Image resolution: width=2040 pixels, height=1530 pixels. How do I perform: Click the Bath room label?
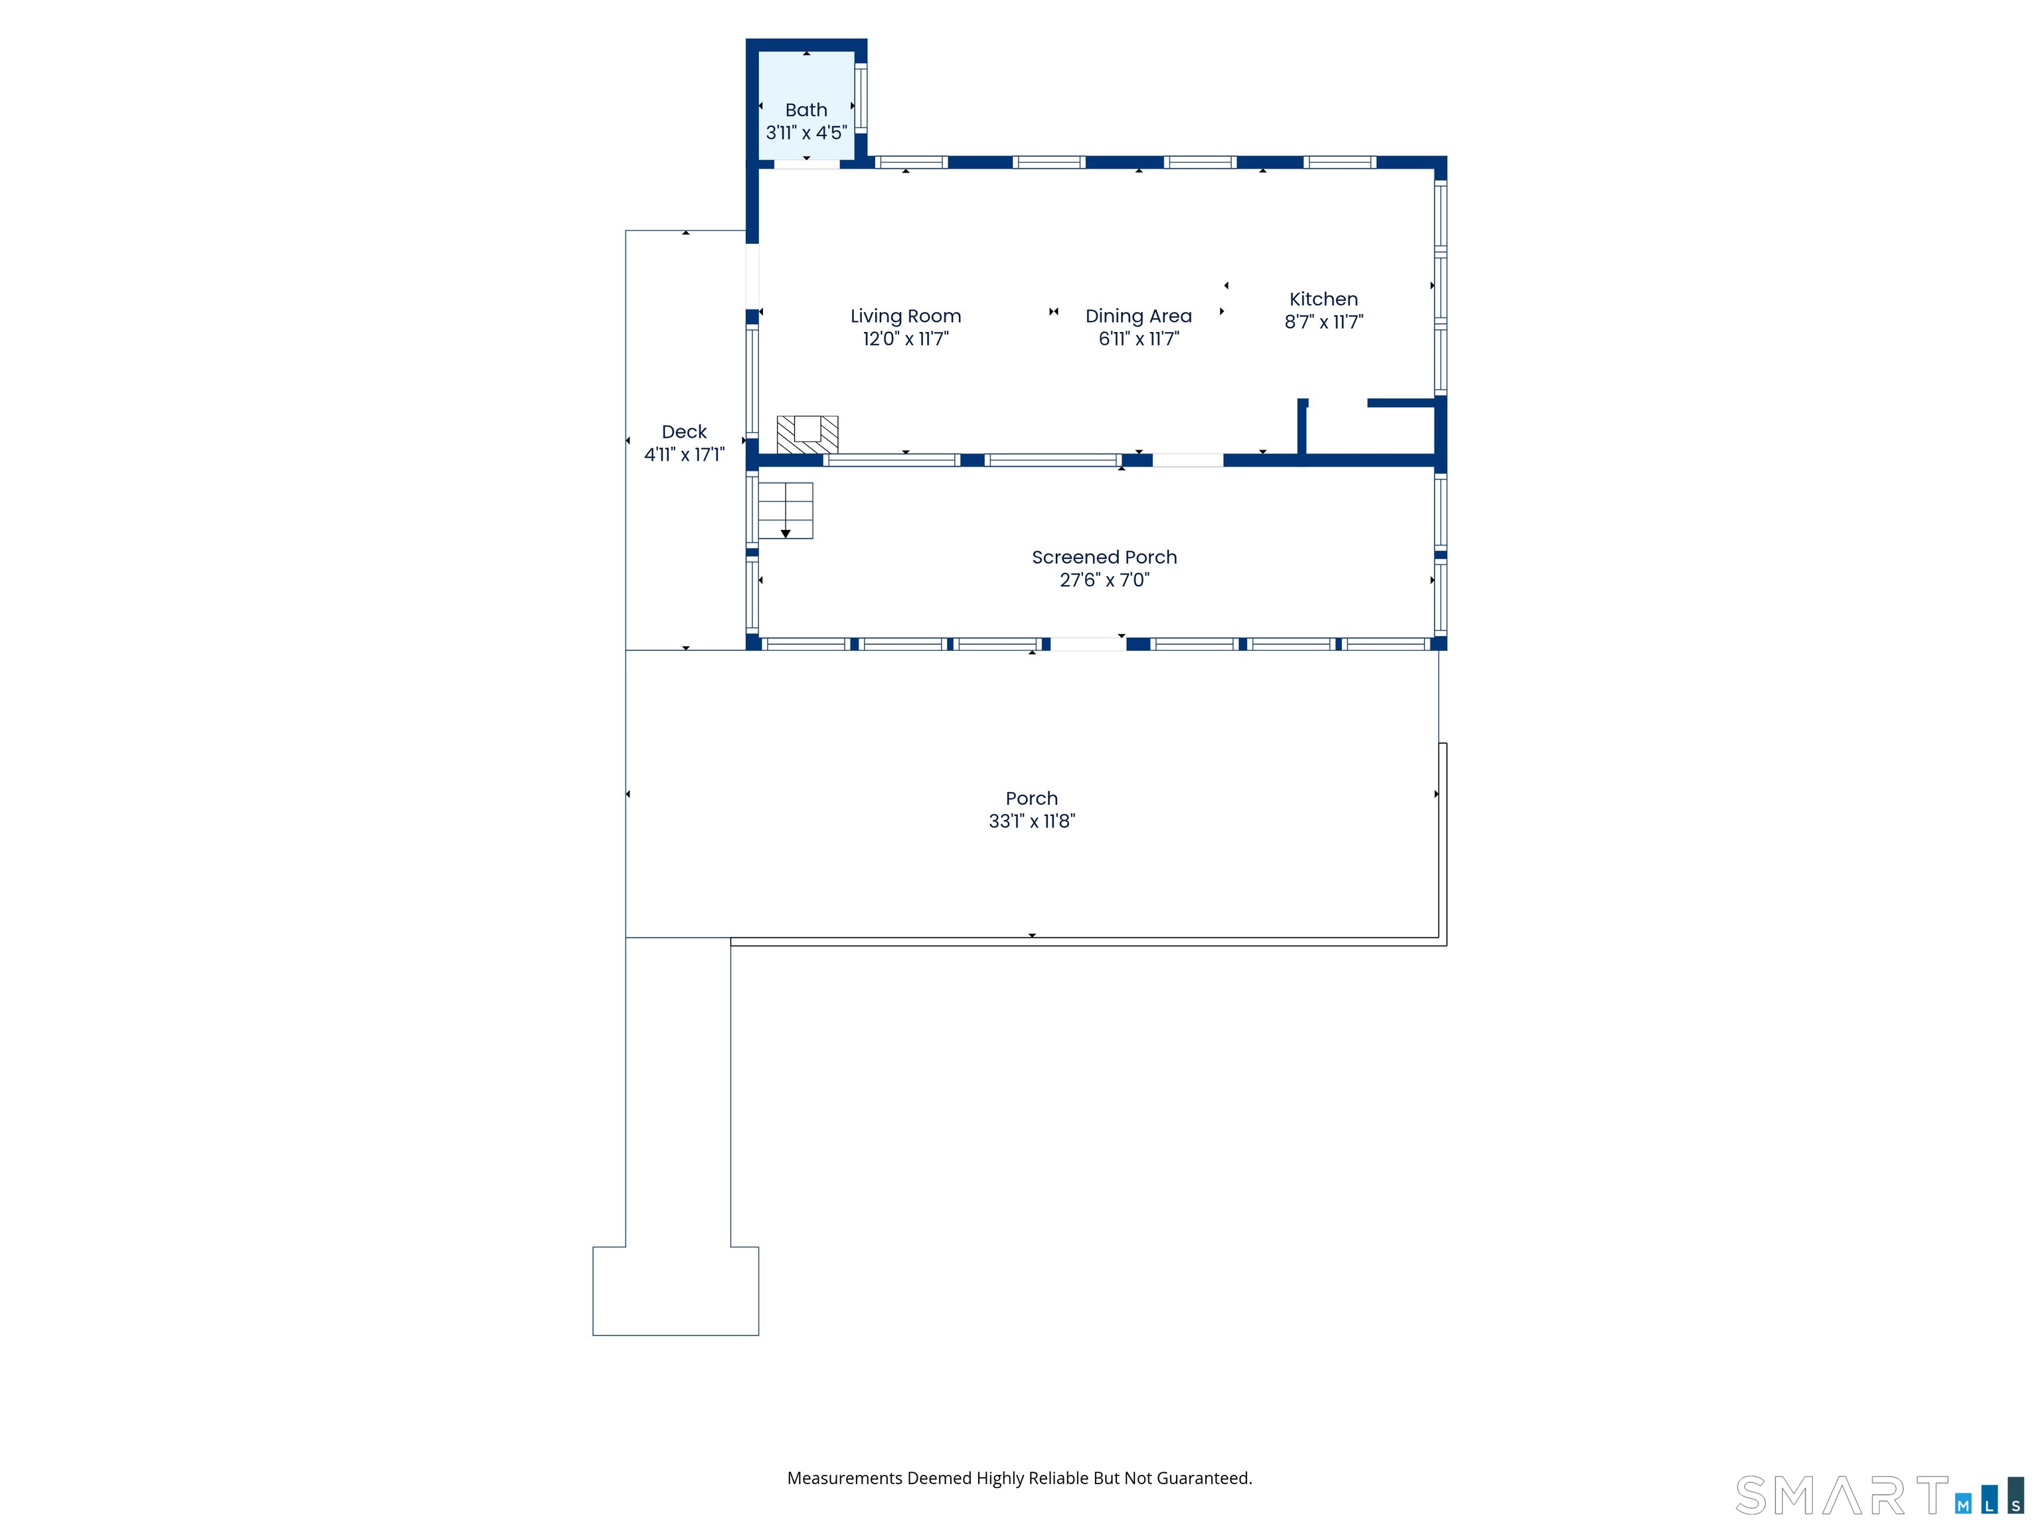[x=806, y=110]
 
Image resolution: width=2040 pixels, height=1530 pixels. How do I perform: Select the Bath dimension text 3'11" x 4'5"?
[x=806, y=133]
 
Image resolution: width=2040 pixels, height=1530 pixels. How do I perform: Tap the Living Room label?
[x=906, y=316]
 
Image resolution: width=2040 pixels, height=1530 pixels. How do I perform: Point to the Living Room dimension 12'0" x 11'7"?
[x=906, y=339]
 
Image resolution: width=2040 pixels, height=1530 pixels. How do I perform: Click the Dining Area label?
[x=1138, y=316]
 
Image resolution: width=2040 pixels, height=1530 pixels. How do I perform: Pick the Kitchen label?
[x=1323, y=299]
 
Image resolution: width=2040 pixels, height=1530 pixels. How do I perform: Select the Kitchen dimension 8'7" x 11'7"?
[x=1323, y=322]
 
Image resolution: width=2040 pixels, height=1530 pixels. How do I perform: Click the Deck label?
[x=684, y=432]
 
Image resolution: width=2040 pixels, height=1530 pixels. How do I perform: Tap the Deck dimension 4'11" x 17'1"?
[x=684, y=455]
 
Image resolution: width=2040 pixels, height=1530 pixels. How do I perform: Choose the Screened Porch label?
[x=1104, y=557]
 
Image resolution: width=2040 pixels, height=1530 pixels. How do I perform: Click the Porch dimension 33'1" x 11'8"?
[x=1032, y=821]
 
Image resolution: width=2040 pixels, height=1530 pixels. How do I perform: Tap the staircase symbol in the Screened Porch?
[x=785, y=511]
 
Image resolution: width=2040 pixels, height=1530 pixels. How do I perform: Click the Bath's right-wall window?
[x=861, y=98]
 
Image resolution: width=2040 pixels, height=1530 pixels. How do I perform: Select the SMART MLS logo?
[x=1879, y=1495]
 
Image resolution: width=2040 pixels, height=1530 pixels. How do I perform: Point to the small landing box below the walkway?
[x=675, y=1291]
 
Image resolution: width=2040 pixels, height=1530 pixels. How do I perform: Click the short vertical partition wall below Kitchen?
[x=1302, y=427]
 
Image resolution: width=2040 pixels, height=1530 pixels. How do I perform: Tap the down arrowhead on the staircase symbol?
[x=786, y=534]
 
